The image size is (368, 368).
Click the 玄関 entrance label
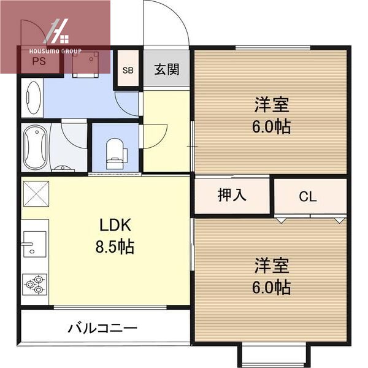pyautogui.click(x=166, y=69)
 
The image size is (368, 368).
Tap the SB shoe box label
pyautogui.click(x=128, y=70)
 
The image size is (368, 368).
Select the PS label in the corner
pyautogui.click(x=39, y=61)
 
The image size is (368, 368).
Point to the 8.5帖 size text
pyautogui.click(x=115, y=247)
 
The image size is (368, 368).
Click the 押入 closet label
pyautogui.click(x=232, y=196)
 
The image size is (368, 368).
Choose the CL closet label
pyautogui.click(x=308, y=197)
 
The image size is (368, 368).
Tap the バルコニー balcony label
pyautogui.click(x=102, y=328)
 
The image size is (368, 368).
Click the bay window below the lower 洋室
pyautogui.click(x=272, y=354)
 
